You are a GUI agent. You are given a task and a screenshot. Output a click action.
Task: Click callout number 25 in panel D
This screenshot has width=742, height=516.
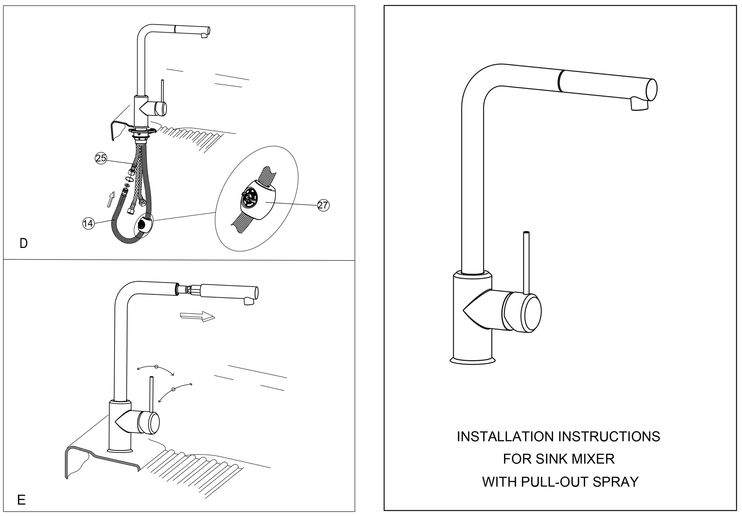pos(101,158)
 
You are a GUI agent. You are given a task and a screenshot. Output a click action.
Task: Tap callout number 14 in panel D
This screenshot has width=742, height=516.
pos(88,223)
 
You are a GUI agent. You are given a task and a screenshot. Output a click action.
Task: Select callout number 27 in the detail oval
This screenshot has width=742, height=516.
pos(323,205)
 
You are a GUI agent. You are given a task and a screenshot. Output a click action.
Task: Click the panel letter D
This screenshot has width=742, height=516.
pos(23,244)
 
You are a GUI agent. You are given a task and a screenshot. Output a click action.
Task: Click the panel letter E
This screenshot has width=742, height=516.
pos(21,500)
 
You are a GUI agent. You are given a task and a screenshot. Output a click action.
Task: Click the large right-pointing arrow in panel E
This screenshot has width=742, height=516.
pos(197,316)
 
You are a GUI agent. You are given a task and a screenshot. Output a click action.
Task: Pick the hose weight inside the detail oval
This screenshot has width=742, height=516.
pos(259,200)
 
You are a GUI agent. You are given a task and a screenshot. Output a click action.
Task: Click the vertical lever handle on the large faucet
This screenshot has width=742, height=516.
pos(526,262)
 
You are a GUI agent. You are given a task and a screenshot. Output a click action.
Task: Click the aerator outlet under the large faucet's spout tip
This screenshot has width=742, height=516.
pos(639,104)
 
